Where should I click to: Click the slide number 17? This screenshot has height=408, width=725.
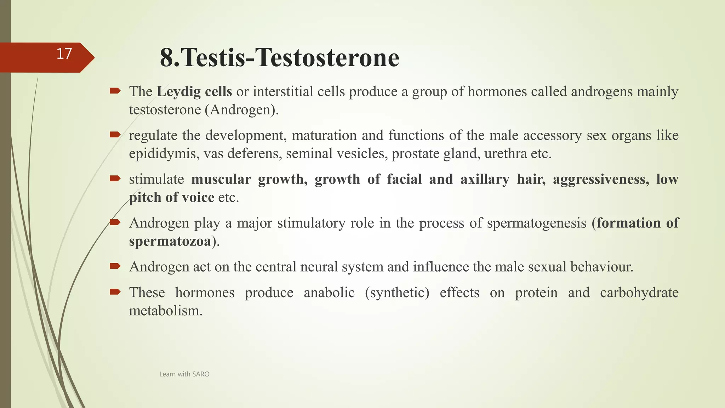coord(64,54)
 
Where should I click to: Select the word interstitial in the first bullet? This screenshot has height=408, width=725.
coord(283,92)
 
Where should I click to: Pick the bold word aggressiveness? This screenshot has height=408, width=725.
coord(601,179)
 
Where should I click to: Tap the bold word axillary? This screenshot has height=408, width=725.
coord(485,179)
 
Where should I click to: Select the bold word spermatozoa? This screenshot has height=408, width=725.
coord(170,242)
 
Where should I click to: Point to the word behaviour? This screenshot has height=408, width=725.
coord(601,267)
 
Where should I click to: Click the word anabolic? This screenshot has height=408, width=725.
coord(329,293)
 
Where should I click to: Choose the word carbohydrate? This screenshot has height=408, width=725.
coord(639,293)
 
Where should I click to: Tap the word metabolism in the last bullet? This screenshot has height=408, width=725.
coord(165,311)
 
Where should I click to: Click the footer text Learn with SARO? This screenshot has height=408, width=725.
coord(184,374)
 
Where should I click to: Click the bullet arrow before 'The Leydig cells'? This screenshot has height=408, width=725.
coord(115,91)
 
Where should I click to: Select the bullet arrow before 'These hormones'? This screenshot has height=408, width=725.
coord(115,292)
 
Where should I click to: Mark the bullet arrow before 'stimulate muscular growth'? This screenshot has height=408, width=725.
coord(115,178)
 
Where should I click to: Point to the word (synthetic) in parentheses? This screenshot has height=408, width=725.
coord(397,293)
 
